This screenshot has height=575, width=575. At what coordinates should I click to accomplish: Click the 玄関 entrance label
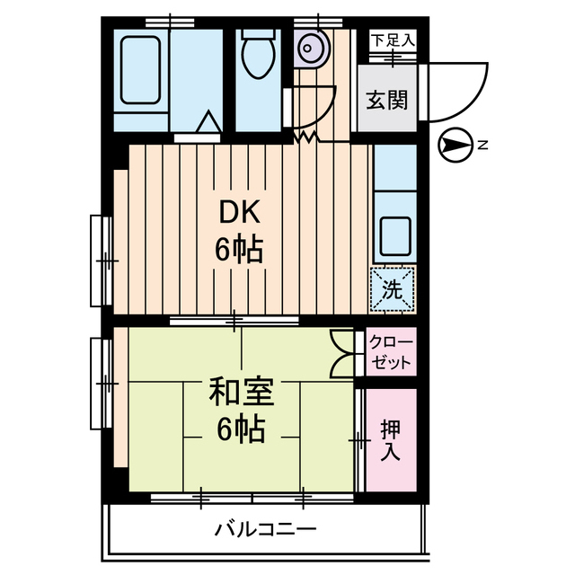(386, 99)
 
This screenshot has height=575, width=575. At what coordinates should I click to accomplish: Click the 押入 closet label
(390, 439)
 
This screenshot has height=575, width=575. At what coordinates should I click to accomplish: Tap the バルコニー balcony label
(265, 529)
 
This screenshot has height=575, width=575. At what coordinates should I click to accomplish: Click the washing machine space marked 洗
(393, 289)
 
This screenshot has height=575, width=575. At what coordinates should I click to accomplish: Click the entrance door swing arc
(458, 90)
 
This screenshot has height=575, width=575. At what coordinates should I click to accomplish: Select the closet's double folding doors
(343, 353)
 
